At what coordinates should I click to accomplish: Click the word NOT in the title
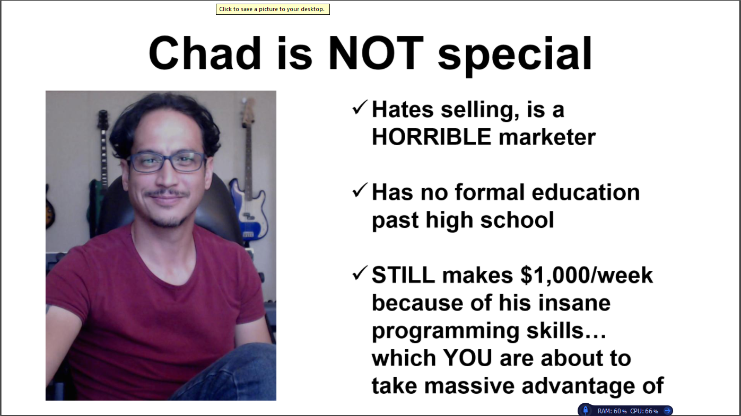[x=376, y=54]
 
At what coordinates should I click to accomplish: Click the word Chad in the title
[x=205, y=53]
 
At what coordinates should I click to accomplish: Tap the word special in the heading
[x=515, y=56]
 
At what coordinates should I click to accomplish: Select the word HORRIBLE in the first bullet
[x=431, y=137]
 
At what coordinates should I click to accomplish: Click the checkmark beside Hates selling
[x=360, y=107]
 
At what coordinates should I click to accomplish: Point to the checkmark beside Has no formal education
[x=360, y=190]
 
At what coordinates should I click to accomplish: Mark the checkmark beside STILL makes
[x=360, y=273]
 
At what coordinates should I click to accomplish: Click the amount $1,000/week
[x=587, y=275]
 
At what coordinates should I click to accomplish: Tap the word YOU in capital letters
[x=467, y=358]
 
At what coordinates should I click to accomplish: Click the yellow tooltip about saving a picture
[x=273, y=9]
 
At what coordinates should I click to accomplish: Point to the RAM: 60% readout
[x=612, y=411]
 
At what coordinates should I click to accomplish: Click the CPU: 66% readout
[x=644, y=411]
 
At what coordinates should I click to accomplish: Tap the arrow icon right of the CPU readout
[x=668, y=411]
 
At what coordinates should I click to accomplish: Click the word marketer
[x=547, y=137]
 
